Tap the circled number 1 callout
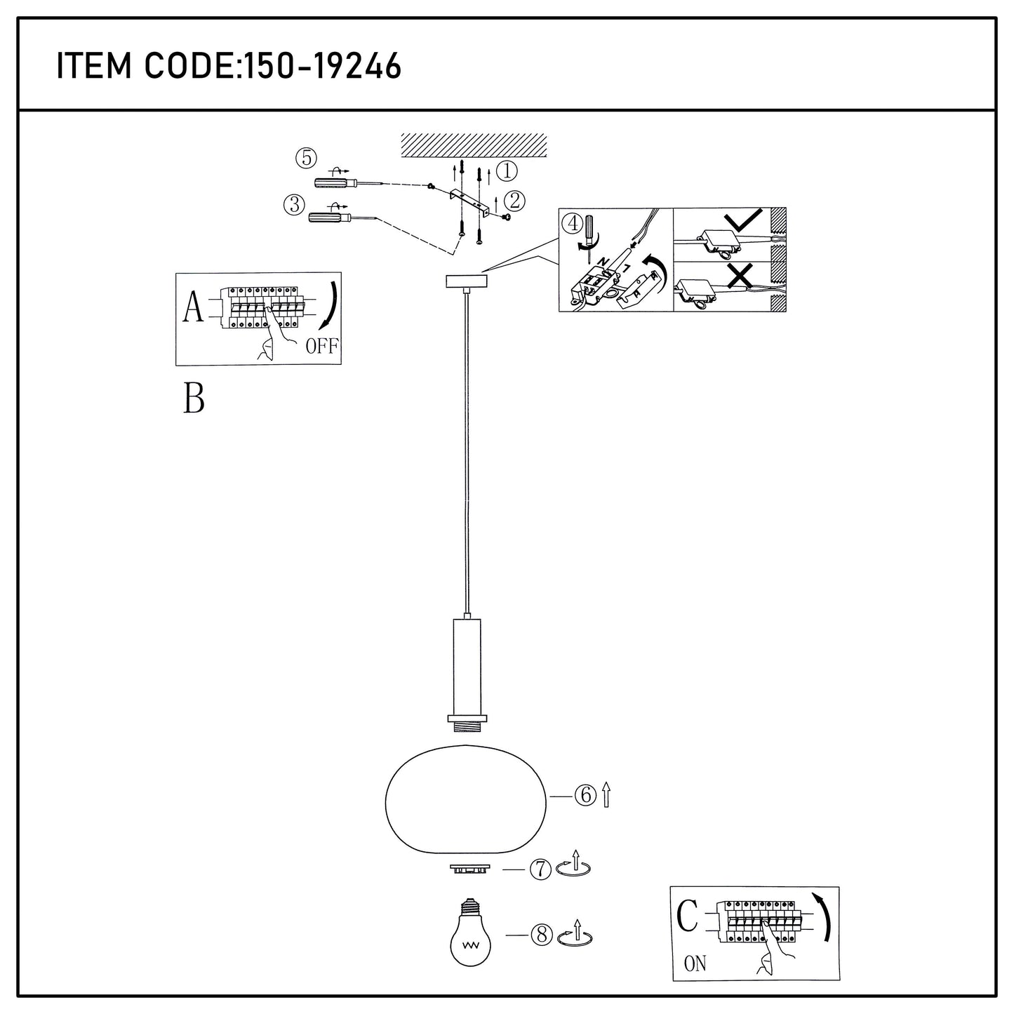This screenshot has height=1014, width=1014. (x=506, y=171)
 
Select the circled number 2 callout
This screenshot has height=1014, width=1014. (x=514, y=201)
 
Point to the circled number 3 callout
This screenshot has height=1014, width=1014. (x=293, y=205)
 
